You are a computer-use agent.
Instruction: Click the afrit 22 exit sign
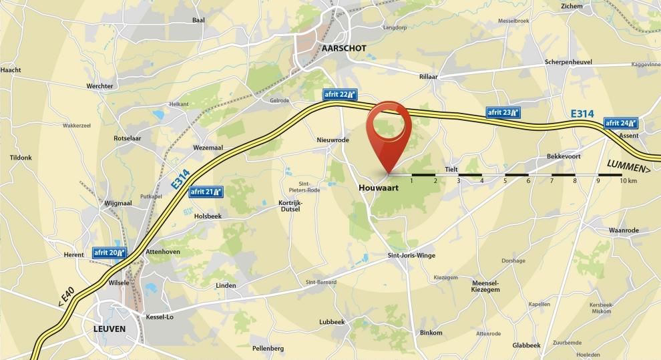coord(339,94)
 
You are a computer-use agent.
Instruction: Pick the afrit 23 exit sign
coord(502,112)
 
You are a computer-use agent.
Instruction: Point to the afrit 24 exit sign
coord(621,123)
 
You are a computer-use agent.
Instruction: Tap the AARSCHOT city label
coord(343,49)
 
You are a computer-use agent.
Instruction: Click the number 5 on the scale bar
coord(505,181)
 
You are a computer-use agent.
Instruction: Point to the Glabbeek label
coord(526,345)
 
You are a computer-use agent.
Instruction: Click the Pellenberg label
coord(268,348)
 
